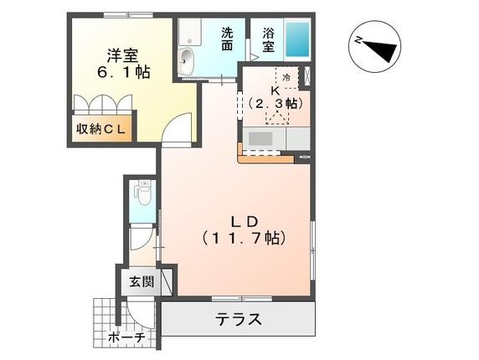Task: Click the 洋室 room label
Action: pos(122,57)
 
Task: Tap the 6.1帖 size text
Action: pos(122,74)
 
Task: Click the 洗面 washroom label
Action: pos(228,39)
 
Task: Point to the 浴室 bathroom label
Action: pos(268,39)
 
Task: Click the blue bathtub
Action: pos(297,38)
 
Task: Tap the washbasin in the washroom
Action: pos(186,59)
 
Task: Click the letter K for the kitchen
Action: pos(274,89)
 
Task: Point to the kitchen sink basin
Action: pos(260,138)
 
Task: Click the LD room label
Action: pos(243,221)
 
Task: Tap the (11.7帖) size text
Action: pos(243,238)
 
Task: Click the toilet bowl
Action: pos(143,196)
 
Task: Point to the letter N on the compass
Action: pos(355,39)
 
